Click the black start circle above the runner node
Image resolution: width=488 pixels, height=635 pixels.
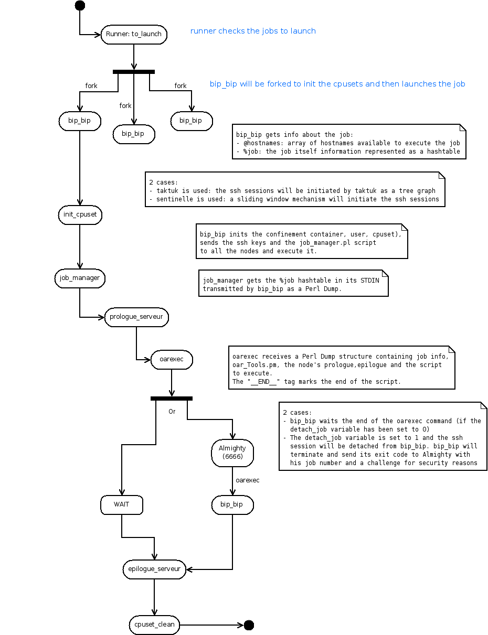pos(80,5)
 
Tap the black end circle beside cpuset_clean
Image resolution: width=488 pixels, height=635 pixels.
pos(249,625)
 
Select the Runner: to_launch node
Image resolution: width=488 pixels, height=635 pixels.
pos(134,35)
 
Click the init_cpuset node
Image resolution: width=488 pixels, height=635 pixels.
pos(80,215)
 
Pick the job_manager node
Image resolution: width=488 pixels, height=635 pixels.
pos(80,278)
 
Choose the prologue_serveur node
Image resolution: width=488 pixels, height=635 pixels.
pos(136,317)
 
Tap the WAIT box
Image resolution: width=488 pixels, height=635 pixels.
pos(122,504)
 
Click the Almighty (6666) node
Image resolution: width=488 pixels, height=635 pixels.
pos(232,453)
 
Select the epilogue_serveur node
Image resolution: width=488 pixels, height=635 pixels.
pos(154,569)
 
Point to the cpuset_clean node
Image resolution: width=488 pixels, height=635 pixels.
pos(154,625)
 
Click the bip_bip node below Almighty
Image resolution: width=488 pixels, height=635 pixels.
pos(232,504)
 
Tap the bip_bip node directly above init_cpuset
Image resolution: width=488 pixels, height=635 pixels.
pos(80,121)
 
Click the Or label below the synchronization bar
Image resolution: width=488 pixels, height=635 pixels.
pos(172,412)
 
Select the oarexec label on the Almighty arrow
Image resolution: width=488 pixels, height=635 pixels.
pos(247,480)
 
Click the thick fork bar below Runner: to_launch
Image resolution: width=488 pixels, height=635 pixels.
pos(134,72)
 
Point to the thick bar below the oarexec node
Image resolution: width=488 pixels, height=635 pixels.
pos(172,399)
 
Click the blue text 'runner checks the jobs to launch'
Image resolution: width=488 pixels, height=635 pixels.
pos(253,31)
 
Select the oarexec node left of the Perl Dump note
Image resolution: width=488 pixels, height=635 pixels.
pos(172,359)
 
